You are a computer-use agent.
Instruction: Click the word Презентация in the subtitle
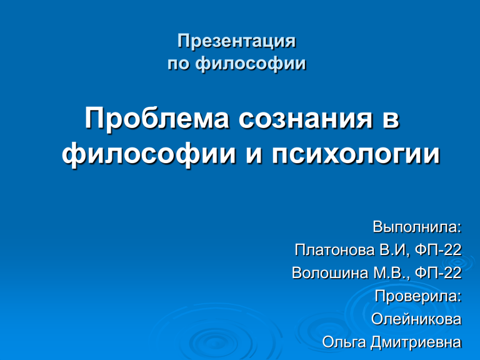(237, 41)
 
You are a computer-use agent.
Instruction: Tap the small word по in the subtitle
(177, 64)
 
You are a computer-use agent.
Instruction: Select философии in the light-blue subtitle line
(251, 64)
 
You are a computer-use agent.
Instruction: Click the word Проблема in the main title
(157, 119)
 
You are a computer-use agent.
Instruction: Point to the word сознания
(306, 119)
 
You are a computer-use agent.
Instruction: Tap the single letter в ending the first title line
(391, 119)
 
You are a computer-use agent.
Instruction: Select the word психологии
(356, 154)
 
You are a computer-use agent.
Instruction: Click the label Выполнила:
(417, 227)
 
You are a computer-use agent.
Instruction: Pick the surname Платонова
(335, 250)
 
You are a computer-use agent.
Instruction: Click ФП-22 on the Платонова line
(438, 250)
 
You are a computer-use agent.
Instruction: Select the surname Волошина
(330, 273)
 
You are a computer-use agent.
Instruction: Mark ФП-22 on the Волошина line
(438, 273)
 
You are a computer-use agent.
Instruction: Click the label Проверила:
(418, 296)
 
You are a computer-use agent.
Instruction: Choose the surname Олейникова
(416, 319)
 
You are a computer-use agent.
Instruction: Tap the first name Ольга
(344, 342)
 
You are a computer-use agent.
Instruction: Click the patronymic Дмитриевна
(416, 342)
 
